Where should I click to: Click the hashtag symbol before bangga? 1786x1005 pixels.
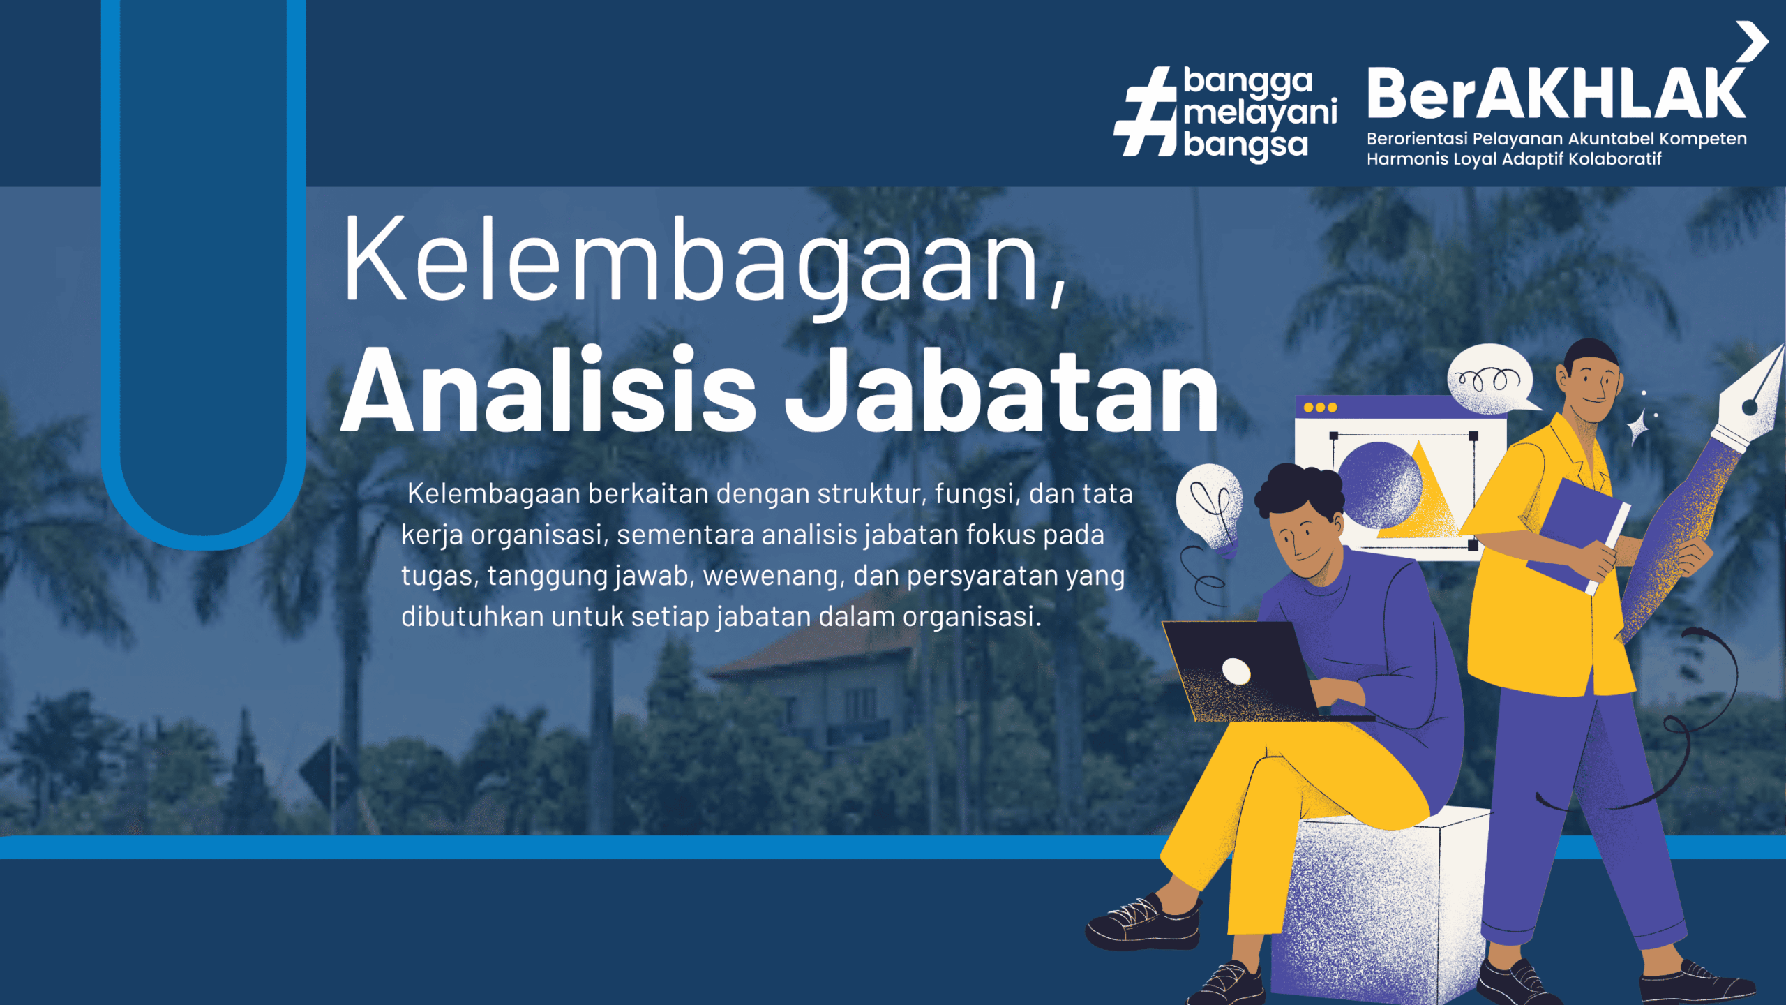pyautogui.click(x=1146, y=112)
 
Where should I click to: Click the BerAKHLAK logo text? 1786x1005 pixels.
pyautogui.click(x=1556, y=94)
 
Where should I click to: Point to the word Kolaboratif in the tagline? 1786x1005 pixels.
pyautogui.click(x=1615, y=159)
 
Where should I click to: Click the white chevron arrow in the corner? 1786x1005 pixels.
pyautogui.click(x=1753, y=42)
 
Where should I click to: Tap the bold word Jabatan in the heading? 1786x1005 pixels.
pyautogui.click(x=1002, y=390)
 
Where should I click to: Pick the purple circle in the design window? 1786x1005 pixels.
pyautogui.click(x=1379, y=485)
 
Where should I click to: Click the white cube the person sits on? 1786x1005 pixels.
pyautogui.click(x=1378, y=907)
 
